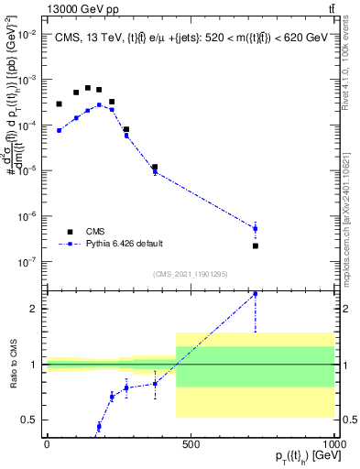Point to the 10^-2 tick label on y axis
point(28,34)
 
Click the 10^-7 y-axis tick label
point(28,262)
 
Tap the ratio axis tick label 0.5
point(32,420)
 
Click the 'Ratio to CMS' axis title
point(11,365)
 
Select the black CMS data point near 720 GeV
point(255,245)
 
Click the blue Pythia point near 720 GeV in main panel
point(255,228)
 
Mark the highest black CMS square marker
point(88,88)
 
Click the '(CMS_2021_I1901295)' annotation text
point(191,274)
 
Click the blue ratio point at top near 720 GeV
point(255,294)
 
